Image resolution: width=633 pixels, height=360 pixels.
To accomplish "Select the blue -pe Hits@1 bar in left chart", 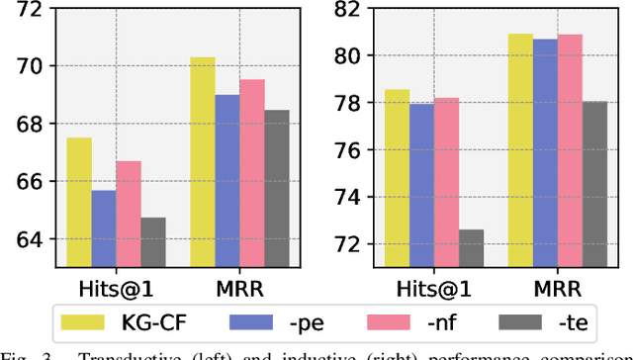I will [x=104, y=228].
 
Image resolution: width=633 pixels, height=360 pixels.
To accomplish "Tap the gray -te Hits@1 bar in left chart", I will [x=152, y=242].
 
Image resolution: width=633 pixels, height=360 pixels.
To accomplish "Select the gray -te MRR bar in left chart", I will [x=276, y=188].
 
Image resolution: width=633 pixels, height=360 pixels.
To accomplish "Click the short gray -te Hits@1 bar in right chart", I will [x=472, y=248].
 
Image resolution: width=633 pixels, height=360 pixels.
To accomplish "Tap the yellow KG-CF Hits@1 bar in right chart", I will [x=398, y=178].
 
